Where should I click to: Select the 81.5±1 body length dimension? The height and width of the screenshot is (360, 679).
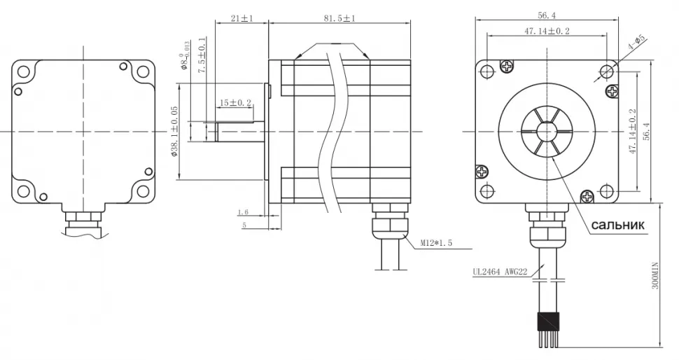pyautogui.click(x=339, y=19)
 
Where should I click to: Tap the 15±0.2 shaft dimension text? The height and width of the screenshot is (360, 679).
pyautogui.click(x=235, y=103)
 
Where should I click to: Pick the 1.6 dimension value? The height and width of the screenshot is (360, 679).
pyautogui.click(x=243, y=212)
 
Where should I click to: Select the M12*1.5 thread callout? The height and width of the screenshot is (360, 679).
pyautogui.click(x=437, y=243)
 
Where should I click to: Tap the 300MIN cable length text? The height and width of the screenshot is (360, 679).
pyautogui.click(x=655, y=272)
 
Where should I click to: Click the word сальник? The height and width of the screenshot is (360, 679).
pyautogui.click(x=618, y=225)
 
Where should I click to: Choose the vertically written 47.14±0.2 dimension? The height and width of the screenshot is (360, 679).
pyautogui.click(x=632, y=131)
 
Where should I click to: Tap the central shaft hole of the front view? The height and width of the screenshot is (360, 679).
pyautogui.click(x=547, y=131)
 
